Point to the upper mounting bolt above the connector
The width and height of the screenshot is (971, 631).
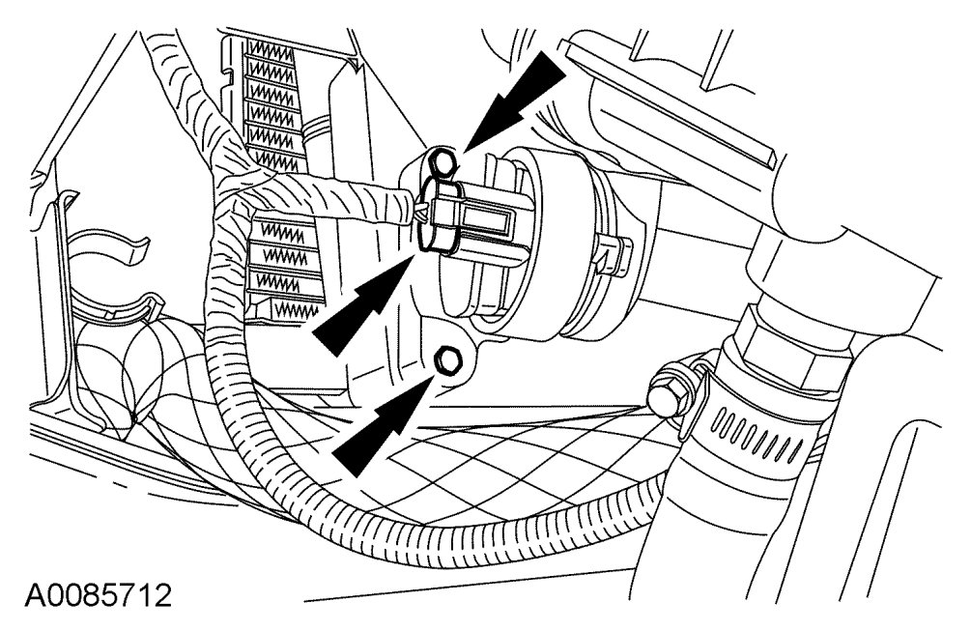point(443,160)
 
